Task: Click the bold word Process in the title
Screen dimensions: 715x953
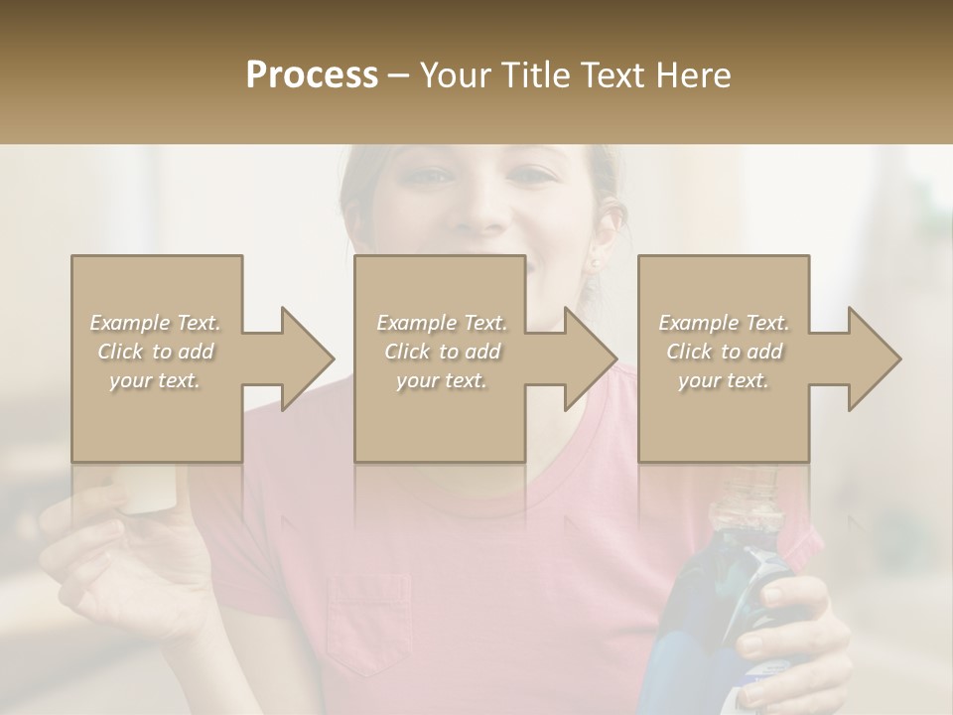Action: coord(312,74)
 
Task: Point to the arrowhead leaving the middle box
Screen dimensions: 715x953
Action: coord(589,358)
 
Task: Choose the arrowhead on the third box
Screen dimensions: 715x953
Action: coord(872,358)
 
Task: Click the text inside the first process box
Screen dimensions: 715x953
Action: coord(156,351)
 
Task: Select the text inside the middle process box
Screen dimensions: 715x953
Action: coord(442,351)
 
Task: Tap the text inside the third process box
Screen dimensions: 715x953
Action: coord(724,351)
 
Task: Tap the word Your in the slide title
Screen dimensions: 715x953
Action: coord(453,74)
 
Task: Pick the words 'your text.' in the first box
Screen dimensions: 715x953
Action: coord(156,379)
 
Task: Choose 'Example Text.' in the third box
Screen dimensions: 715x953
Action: coord(724,323)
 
